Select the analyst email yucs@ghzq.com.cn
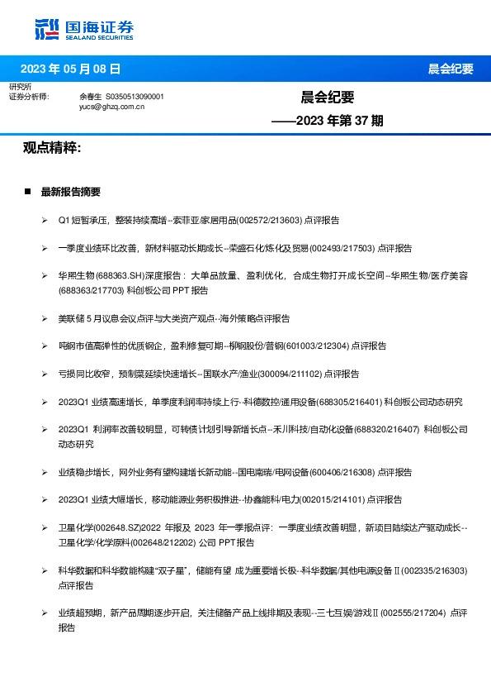[x=111, y=107]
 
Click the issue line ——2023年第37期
[x=327, y=121]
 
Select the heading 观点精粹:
[x=51, y=148]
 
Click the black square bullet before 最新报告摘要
[x=28, y=192]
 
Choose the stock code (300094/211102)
[x=289, y=374]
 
